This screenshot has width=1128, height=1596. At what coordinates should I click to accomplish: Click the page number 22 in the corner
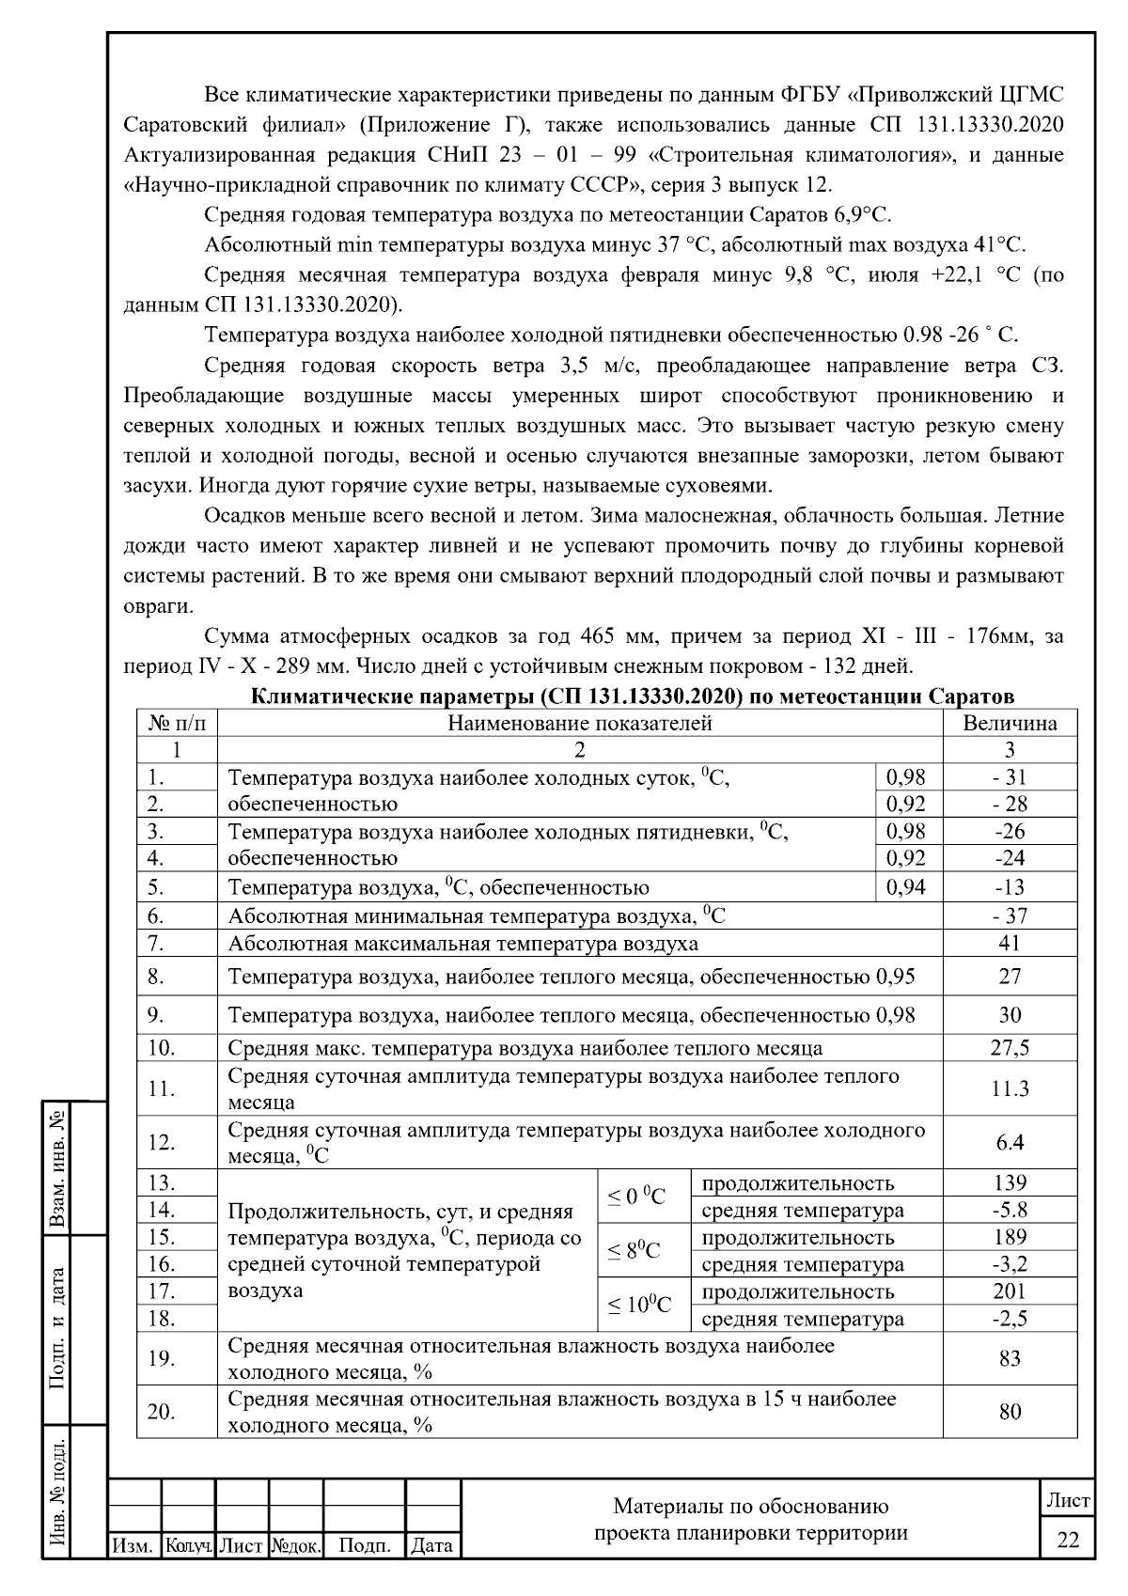click(x=1069, y=1540)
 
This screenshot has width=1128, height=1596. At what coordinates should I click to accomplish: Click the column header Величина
click(x=1010, y=723)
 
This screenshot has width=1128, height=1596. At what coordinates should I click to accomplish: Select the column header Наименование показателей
click(x=579, y=723)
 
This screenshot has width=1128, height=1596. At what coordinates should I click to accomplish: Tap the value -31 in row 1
click(x=1010, y=776)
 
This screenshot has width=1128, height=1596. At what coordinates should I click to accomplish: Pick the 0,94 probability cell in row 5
click(x=906, y=886)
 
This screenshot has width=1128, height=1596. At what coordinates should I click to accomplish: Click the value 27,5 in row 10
click(x=1010, y=1047)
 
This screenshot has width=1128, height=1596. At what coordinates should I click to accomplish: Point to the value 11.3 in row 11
click(x=1010, y=1088)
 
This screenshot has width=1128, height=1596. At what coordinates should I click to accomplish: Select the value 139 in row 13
click(x=1010, y=1182)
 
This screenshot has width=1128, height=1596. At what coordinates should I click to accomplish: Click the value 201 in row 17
click(x=1010, y=1291)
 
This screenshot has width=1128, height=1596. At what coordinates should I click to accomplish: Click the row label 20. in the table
click(x=162, y=1411)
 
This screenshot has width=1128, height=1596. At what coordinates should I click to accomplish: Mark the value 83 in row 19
click(x=1010, y=1357)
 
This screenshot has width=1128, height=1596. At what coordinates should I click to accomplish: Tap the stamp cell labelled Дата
click(x=431, y=1544)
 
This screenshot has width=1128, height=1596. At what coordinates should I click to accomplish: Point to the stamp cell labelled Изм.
click(x=133, y=1544)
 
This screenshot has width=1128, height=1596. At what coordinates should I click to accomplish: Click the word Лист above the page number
click(x=1069, y=1500)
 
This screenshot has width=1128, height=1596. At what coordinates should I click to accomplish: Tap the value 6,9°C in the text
click(x=861, y=215)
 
